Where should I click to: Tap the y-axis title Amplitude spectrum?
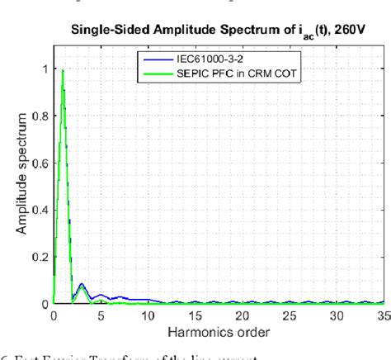click(19, 181)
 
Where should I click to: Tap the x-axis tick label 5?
click(101, 315)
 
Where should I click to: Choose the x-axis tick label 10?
click(148, 315)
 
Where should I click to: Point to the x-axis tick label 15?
click(195, 315)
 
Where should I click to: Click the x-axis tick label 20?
click(242, 315)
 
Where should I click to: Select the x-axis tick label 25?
click(289, 315)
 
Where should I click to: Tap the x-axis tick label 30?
click(336, 315)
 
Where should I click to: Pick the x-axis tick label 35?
click(382, 315)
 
